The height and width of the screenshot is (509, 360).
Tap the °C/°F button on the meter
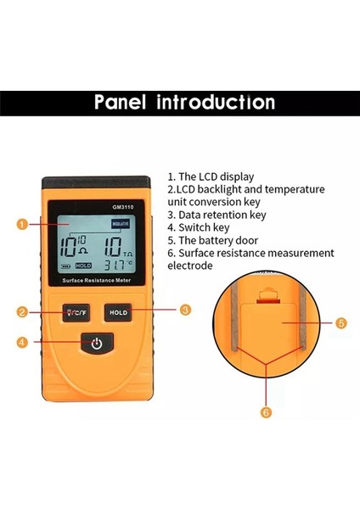pos(76,311)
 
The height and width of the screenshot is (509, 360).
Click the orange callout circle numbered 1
pos(22,225)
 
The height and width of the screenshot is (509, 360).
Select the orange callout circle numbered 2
pos(22,311)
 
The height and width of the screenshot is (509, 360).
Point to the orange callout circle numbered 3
pos(185,310)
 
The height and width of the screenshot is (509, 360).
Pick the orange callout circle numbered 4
pos(22,343)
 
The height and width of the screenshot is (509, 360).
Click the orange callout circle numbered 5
pos(341,322)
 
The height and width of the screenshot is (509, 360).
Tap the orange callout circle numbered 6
pos(265,413)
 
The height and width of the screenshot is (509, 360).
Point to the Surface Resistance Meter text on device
pos(97,280)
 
